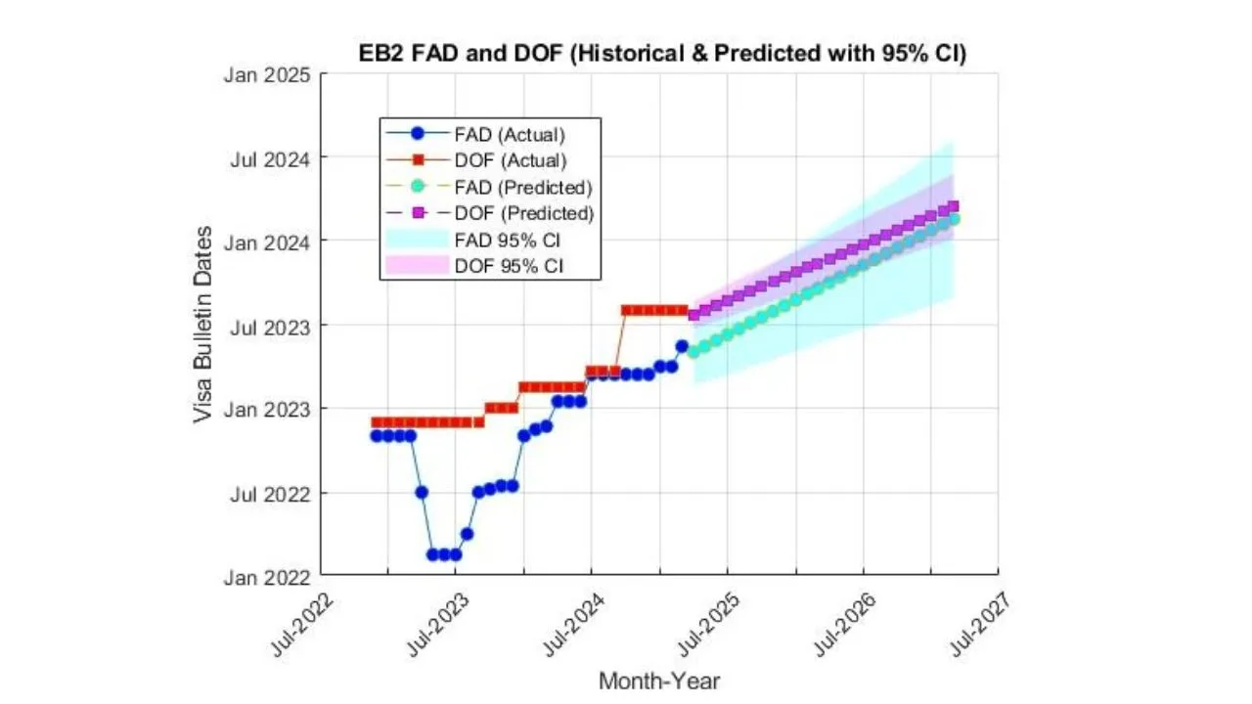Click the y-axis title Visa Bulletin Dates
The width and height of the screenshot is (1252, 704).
tap(202, 325)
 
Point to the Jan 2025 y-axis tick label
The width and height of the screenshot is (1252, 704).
tap(269, 74)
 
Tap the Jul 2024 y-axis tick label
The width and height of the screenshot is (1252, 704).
tap(271, 157)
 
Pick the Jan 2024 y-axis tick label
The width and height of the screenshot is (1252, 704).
tap(269, 242)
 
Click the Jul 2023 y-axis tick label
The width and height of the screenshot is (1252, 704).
tap(271, 326)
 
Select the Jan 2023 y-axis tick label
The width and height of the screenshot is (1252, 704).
tap(269, 409)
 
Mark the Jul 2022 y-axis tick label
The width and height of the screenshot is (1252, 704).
tap(271, 493)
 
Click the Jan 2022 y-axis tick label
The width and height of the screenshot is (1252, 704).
tap(269, 577)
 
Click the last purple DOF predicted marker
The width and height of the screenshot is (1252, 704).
tap(954, 206)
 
